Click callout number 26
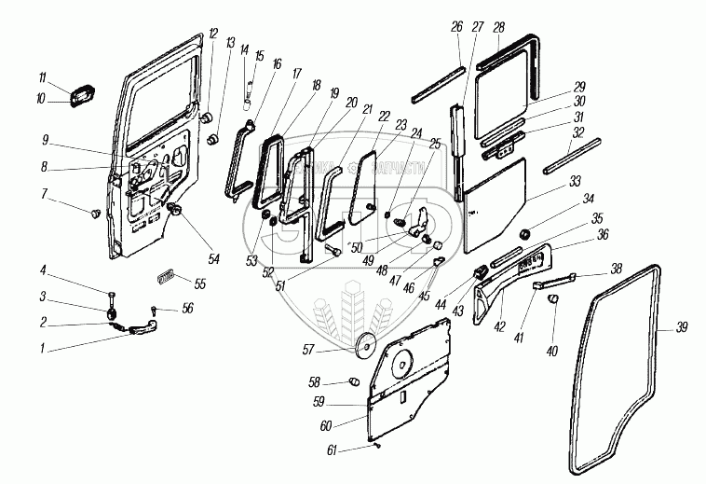click(x=456, y=28)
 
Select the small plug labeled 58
click(x=353, y=382)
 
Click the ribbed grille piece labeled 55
click(x=166, y=277)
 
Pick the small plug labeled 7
click(x=94, y=214)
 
